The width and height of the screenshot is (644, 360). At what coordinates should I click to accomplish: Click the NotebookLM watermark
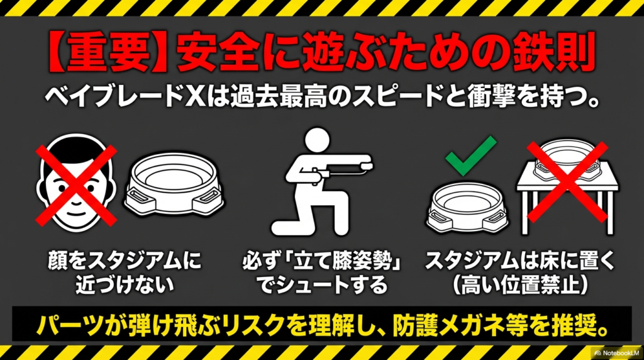tap(616, 352)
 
